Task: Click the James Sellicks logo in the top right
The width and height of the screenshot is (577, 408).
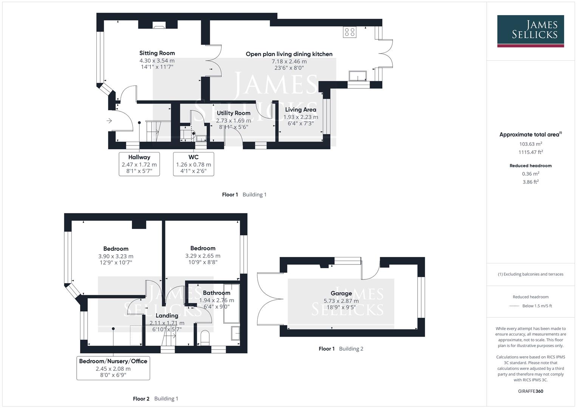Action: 530,31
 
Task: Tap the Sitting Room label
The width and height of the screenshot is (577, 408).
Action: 157,53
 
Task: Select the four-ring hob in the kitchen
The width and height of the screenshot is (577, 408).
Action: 350,32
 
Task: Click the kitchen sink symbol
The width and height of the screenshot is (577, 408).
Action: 357,76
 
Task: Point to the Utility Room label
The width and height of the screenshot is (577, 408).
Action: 234,113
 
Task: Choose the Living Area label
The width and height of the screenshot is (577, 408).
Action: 300,110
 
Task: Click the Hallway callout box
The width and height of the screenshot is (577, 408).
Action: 139,164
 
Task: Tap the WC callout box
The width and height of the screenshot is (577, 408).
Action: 193,164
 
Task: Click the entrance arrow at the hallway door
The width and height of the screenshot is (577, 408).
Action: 109,121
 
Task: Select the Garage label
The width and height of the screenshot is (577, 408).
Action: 341,294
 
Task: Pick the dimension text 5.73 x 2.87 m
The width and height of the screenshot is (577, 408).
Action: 341,301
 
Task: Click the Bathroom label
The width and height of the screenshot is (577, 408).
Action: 217,293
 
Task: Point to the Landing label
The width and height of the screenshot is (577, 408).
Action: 167,315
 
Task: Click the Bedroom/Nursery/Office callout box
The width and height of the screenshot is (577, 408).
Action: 113,368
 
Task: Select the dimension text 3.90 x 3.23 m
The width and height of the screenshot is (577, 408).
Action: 116,256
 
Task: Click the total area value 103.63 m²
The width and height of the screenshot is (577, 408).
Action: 531,144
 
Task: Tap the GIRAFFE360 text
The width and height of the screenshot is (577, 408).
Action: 531,391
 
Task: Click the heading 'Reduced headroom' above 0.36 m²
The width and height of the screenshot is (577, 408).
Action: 531,165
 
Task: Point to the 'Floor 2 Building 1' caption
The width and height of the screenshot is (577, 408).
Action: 155,399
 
